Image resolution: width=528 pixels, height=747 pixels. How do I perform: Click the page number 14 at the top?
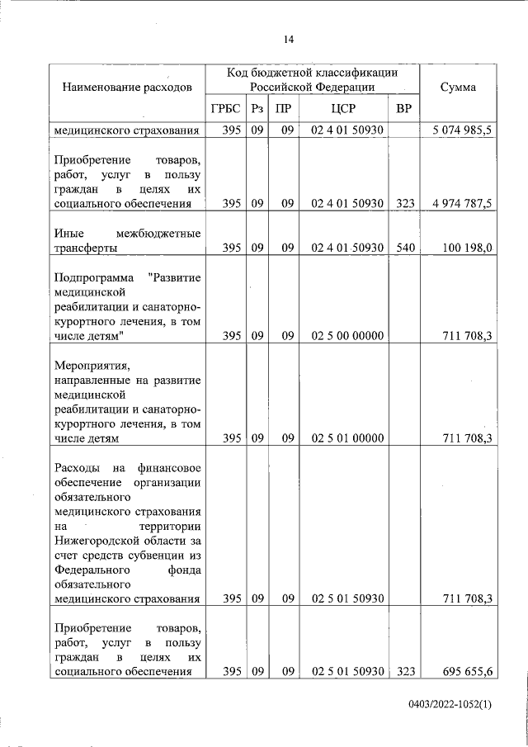288,40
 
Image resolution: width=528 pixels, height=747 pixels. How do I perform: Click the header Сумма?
457,87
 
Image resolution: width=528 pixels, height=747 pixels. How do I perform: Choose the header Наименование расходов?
127,87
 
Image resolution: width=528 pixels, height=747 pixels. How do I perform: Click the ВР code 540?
403,247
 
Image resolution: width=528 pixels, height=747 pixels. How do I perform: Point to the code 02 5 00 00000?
346,335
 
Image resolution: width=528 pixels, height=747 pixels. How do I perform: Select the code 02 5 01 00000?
346,437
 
